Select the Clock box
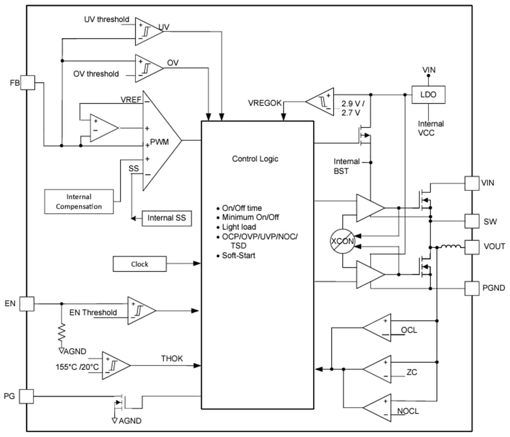(139, 264)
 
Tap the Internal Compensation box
(79, 202)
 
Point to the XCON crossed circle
(342, 241)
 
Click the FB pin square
(27, 83)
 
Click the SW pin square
(472, 221)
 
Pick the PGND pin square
(472, 288)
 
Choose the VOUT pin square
(472, 247)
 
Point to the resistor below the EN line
(62, 331)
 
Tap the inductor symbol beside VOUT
(451, 246)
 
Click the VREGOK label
(265, 103)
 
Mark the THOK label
(172, 358)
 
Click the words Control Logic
(255, 158)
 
